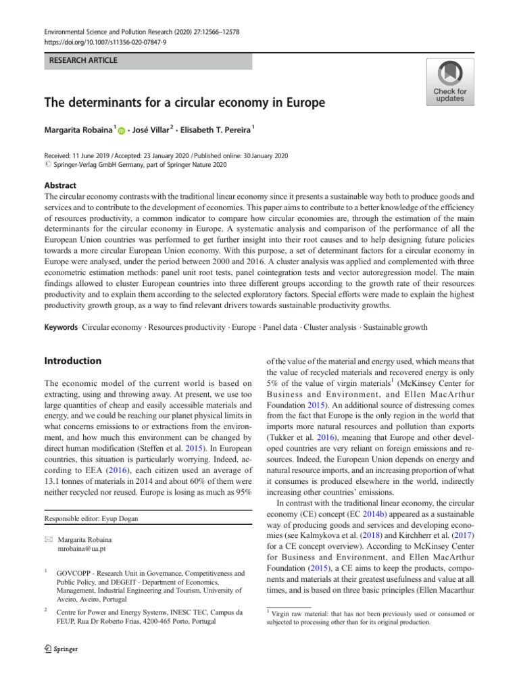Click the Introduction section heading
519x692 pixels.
tap(73, 361)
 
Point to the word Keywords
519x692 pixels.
tap(61, 327)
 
